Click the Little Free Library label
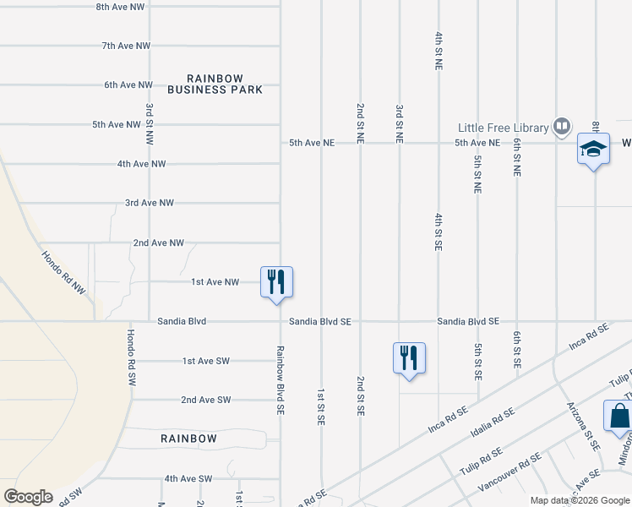click(x=503, y=128)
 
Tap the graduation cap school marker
click(x=593, y=150)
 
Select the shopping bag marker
click(x=619, y=417)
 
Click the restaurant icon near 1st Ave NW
click(x=276, y=281)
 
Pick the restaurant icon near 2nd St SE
click(x=409, y=357)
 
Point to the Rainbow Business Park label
click(x=215, y=84)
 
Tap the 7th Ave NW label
click(x=126, y=46)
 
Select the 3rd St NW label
click(x=150, y=123)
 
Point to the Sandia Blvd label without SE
click(x=182, y=322)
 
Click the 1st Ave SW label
click(x=206, y=361)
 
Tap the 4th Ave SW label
click(x=188, y=478)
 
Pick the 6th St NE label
click(x=516, y=157)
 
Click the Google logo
click(x=28, y=497)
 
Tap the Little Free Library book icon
click(x=561, y=127)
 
